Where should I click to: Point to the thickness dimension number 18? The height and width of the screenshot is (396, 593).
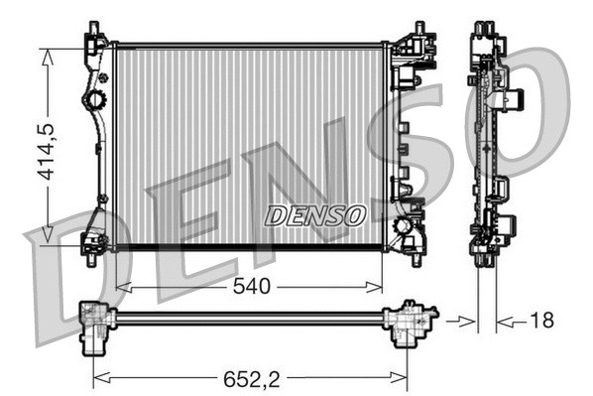coord(541,321)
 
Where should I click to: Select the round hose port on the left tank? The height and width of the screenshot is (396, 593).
coord(96,100)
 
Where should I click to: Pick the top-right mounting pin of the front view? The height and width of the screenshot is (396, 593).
coord(419,25)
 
